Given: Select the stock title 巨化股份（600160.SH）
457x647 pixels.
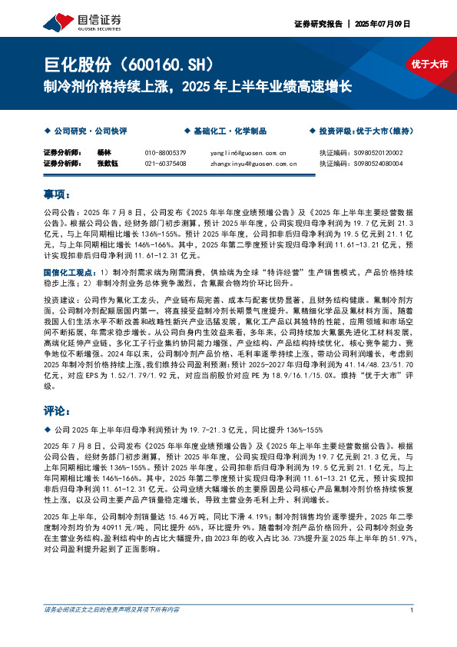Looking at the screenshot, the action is [x=133, y=64].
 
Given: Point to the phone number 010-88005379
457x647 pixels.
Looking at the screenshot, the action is [x=165, y=153].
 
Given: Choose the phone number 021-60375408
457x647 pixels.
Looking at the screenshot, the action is [x=165, y=163].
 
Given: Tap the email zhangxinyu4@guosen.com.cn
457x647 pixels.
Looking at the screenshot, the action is [x=253, y=163].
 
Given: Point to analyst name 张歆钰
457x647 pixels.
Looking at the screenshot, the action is [x=108, y=163].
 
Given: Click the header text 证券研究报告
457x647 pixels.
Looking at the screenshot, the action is [x=318, y=24].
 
